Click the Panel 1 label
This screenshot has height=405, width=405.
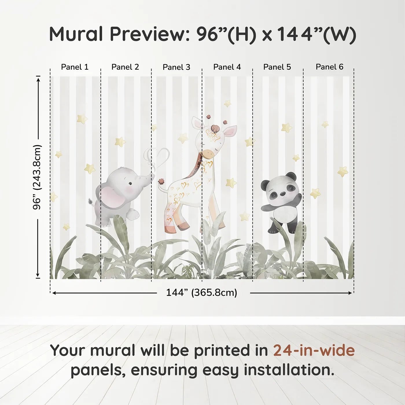tap(75, 67)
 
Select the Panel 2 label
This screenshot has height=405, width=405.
tap(125, 67)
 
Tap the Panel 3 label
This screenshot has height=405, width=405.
tap(176, 67)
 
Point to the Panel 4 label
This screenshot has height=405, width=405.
tap(227, 67)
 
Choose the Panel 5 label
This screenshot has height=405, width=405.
tap(277, 67)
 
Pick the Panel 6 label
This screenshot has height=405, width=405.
tap(329, 67)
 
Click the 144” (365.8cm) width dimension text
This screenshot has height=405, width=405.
tap(201, 292)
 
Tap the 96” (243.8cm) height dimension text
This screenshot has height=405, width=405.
tap(37, 177)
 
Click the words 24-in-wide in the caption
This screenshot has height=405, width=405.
tap(314, 350)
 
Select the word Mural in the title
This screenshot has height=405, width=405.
tap(76, 34)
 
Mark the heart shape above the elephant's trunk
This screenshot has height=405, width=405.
tap(158, 158)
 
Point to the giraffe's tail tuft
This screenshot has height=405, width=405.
tap(161, 181)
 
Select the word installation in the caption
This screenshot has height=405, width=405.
tap(288, 370)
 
